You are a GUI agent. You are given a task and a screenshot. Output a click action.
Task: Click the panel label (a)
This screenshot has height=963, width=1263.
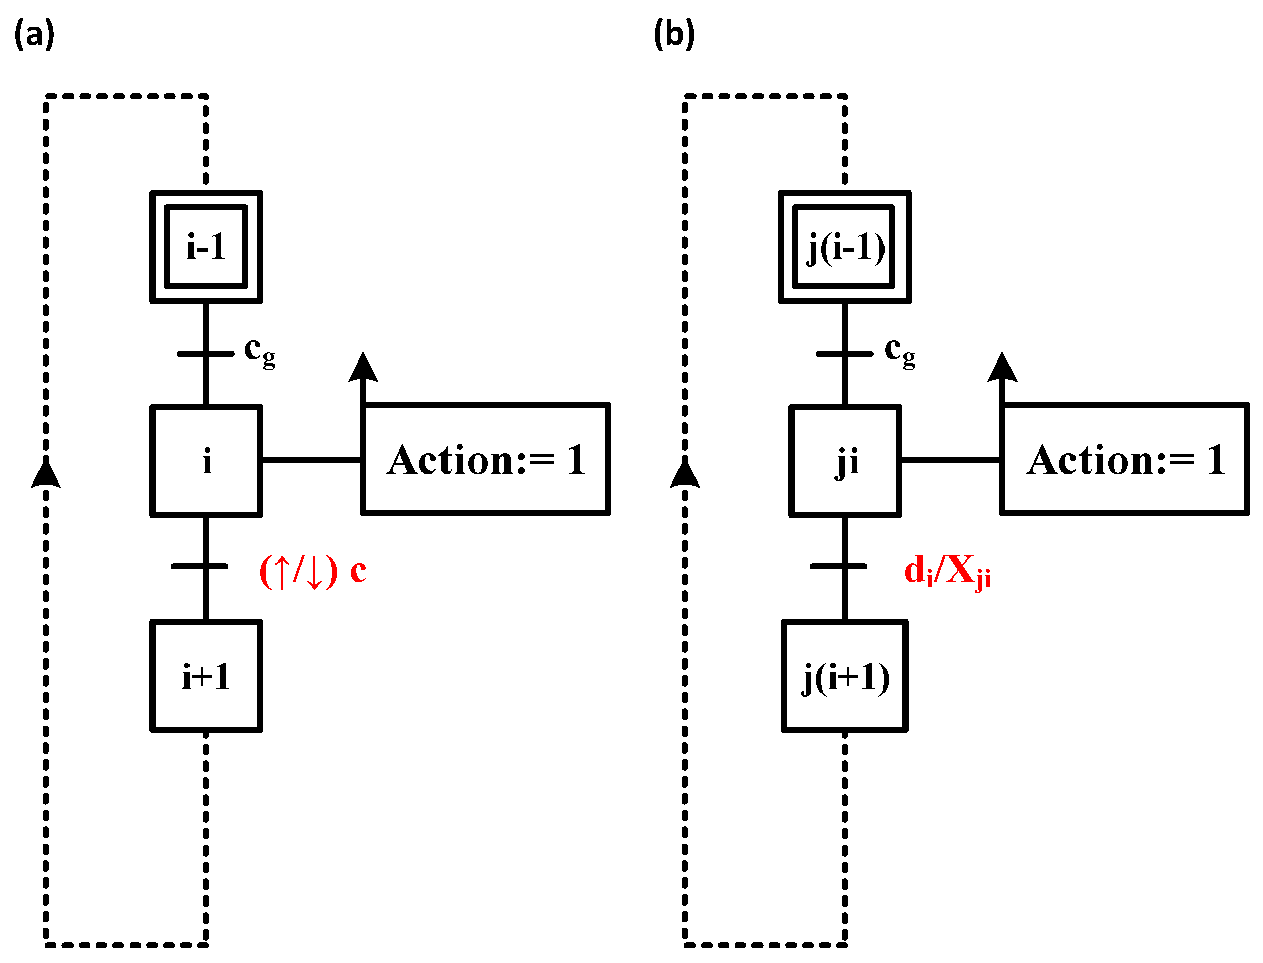[x=34, y=34]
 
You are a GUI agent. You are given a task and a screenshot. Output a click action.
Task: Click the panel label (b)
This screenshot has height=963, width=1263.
[x=674, y=34]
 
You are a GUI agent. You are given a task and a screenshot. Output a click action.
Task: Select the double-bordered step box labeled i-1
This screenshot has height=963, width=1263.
[x=206, y=247]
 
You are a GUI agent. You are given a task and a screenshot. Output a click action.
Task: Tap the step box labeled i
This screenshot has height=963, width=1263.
[x=206, y=461]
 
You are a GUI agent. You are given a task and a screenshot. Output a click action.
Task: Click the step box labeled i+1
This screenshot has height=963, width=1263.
[x=206, y=675]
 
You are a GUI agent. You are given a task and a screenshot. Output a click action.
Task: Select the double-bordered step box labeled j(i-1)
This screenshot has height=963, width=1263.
[x=844, y=247]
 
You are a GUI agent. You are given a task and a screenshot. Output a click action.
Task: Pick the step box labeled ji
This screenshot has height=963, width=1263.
[x=844, y=461]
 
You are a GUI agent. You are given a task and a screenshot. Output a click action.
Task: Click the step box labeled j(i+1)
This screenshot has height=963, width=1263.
[x=844, y=675]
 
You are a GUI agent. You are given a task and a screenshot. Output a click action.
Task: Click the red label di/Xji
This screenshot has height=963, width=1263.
[x=946, y=571]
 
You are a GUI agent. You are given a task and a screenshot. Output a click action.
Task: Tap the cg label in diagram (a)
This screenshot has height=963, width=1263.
[x=260, y=350]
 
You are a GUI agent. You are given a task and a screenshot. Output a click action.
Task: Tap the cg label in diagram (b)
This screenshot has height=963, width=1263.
[x=899, y=350]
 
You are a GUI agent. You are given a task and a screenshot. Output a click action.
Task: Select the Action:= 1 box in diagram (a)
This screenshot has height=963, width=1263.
[x=485, y=459]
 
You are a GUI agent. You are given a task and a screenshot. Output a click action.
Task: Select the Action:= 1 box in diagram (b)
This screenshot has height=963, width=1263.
[x=1124, y=459]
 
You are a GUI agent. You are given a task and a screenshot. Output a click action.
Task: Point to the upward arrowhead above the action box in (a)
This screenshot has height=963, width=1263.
[x=363, y=368]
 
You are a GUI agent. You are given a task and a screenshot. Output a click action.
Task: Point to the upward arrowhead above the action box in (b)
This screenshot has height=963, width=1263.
[x=1002, y=368]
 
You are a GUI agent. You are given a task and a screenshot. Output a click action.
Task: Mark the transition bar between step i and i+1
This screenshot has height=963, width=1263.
[x=200, y=566]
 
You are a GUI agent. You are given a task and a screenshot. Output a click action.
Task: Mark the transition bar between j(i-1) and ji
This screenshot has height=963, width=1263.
[x=844, y=353]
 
